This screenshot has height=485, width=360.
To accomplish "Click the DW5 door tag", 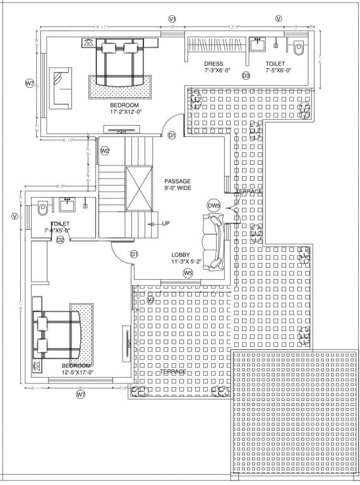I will [213, 206].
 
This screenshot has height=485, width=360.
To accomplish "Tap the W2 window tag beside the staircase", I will [105, 151].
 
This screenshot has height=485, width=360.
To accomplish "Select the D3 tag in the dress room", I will [246, 76].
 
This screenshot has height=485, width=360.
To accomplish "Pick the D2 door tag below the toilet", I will [61, 239].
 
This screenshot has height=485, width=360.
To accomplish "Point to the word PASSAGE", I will [177, 181].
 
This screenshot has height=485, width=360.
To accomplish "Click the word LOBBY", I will [181, 254].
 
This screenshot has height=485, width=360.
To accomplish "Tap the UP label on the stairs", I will [166, 224].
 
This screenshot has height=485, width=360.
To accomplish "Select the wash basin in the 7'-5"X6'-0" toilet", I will [257, 45].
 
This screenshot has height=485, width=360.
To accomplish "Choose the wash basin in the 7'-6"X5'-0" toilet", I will [67, 204].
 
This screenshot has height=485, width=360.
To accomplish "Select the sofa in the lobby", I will [213, 242].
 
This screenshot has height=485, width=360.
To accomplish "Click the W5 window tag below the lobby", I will [188, 273].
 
